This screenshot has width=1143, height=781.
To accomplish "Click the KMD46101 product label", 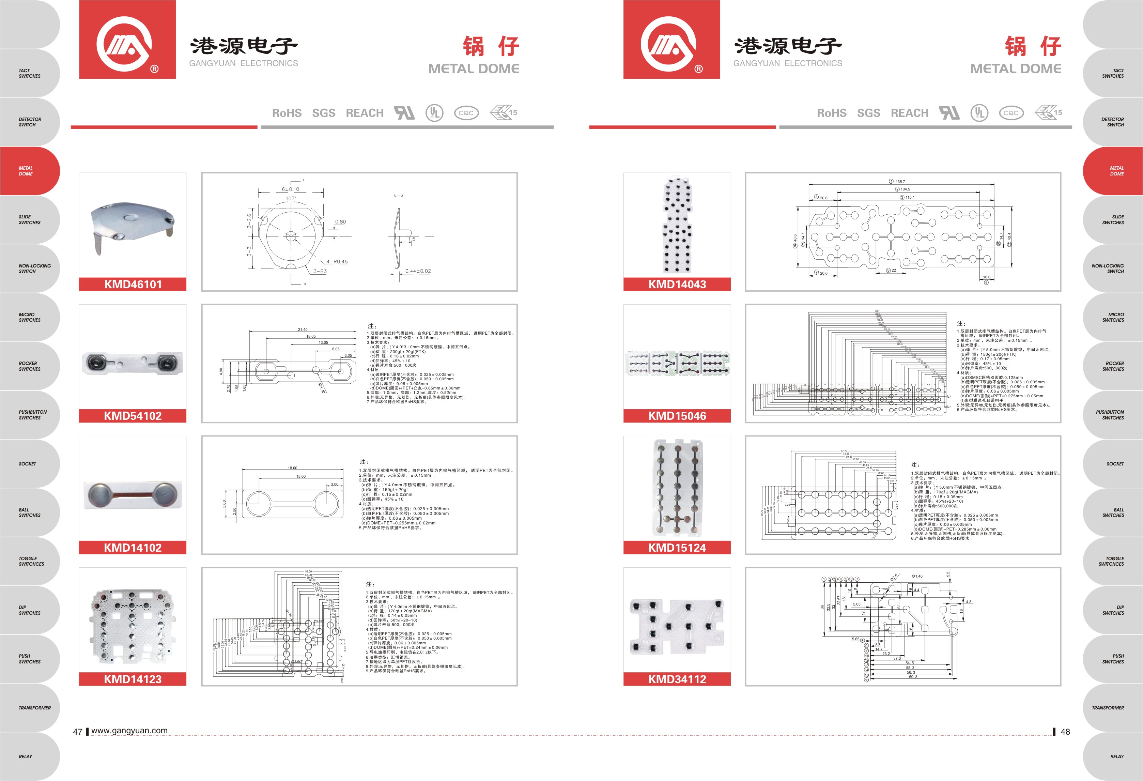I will [133, 284].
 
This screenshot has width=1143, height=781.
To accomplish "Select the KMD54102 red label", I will [133, 416].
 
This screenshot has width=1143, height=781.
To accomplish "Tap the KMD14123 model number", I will [133, 679].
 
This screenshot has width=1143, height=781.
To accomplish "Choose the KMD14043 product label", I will [677, 284].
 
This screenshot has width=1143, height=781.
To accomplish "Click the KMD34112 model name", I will [677, 679].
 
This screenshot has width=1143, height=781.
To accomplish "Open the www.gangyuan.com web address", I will [129, 730].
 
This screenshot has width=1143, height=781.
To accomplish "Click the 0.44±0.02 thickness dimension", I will [418, 271].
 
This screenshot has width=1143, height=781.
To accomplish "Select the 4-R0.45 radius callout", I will [337, 262].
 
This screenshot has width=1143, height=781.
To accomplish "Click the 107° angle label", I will [291, 199].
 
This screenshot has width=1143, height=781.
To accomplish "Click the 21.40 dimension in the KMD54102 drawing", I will [303, 330].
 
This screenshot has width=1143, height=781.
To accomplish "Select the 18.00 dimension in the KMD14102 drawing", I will [292, 468].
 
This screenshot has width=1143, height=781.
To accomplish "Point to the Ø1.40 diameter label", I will [917, 576].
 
